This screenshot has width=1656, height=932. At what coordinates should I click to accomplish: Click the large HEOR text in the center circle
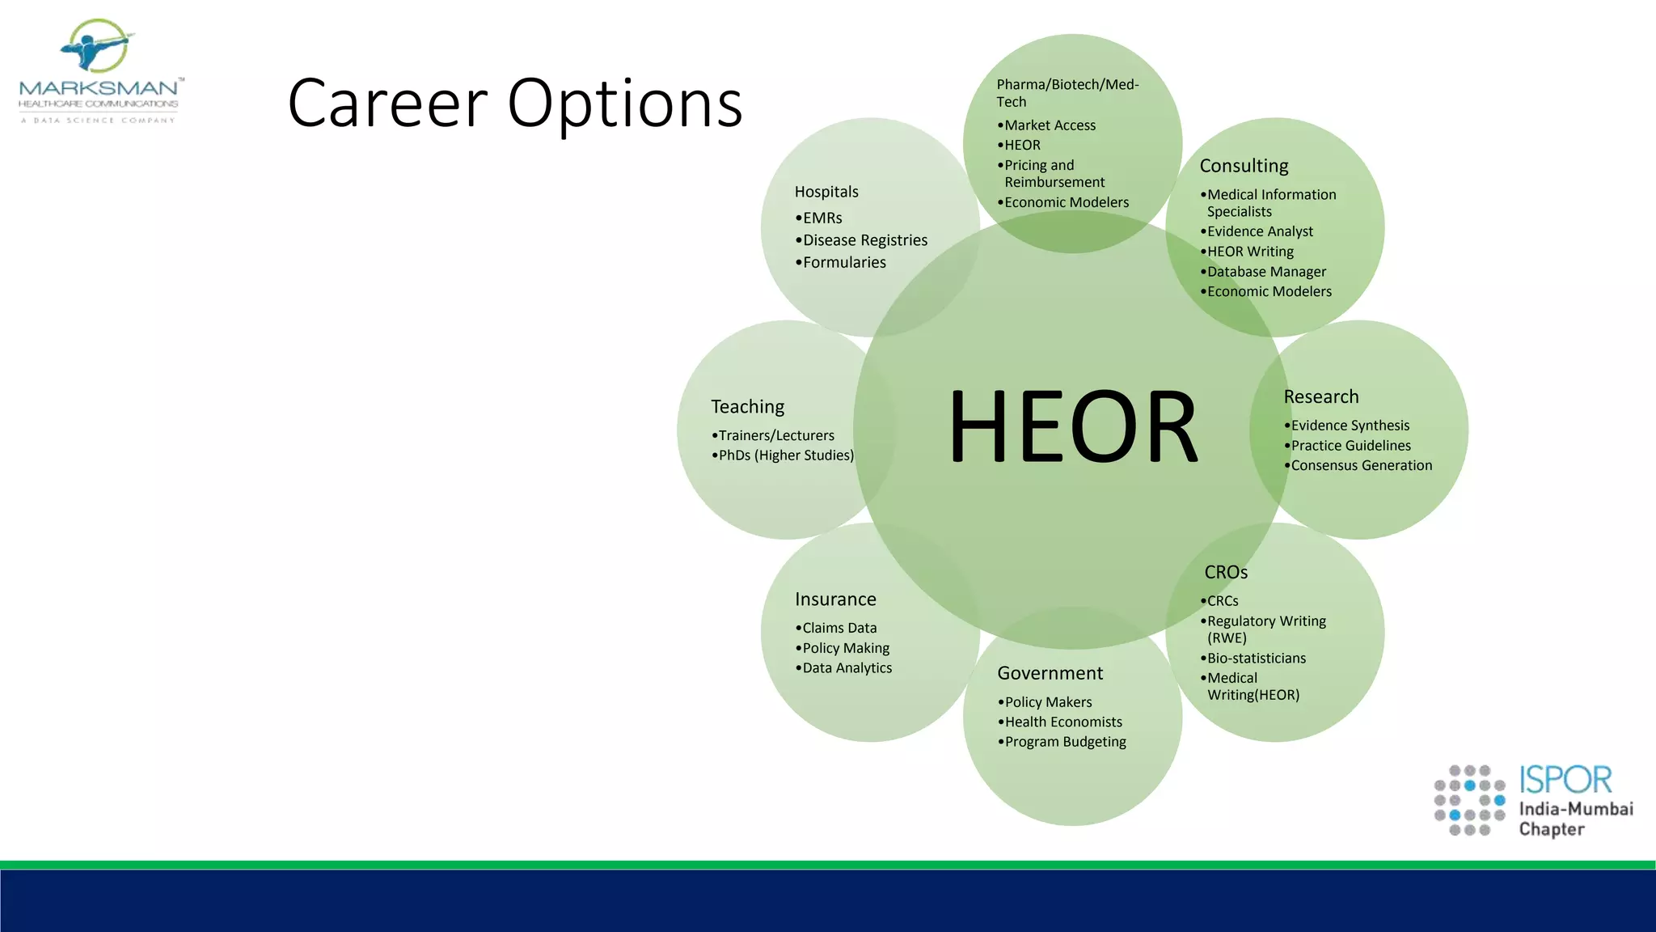[x=1072, y=426]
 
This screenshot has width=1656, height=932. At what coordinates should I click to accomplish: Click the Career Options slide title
[x=515, y=104]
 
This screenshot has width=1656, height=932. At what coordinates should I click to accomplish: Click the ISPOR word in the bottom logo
[x=1565, y=780]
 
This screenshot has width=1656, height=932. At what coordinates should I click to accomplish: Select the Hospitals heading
[x=826, y=192]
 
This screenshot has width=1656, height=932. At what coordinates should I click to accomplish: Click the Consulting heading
[x=1244, y=166]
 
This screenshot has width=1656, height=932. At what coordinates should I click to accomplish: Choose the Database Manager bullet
[x=1265, y=272]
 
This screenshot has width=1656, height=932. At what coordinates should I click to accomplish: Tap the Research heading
[x=1320, y=396]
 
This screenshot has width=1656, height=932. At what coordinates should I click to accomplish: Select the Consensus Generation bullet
[x=1361, y=465]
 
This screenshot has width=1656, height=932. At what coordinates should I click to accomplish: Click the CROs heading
[x=1226, y=572]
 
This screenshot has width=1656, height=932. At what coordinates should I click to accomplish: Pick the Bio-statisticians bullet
[x=1256, y=659]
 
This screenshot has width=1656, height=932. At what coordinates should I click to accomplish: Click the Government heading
[x=1050, y=673]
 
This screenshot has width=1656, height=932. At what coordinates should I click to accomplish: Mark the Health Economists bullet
[x=1062, y=722]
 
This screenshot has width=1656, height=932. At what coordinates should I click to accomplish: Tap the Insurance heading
[x=835, y=599]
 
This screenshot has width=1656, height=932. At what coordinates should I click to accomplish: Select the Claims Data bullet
[x=839, y=628]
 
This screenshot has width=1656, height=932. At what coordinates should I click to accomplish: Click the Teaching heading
[x=747, y=406]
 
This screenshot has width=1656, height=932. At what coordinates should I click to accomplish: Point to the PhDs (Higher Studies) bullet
[x=785, y=455]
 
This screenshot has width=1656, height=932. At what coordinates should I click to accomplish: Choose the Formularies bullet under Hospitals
[x=843, y=262]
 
